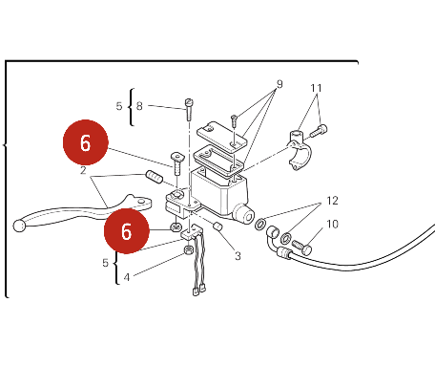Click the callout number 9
pos(280,84)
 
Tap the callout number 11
pos(316,88)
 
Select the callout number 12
pos(332,201)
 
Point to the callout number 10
pos(332,225)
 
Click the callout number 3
pos(238,256)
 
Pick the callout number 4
pos(127,277)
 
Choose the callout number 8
pos(139,106)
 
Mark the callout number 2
pos(83,170)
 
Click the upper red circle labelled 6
pos(86,142)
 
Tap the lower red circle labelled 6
pos(127,231)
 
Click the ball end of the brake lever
pos(19,226)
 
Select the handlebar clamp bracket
pos(297,150)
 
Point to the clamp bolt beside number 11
pos(319,131)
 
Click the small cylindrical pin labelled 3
pos(217,227)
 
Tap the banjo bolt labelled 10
pos(301,248)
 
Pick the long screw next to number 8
pos(189,110)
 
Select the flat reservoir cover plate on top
pos(221,135)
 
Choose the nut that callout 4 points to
pos(189,250)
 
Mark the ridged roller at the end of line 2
pos(155,177)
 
